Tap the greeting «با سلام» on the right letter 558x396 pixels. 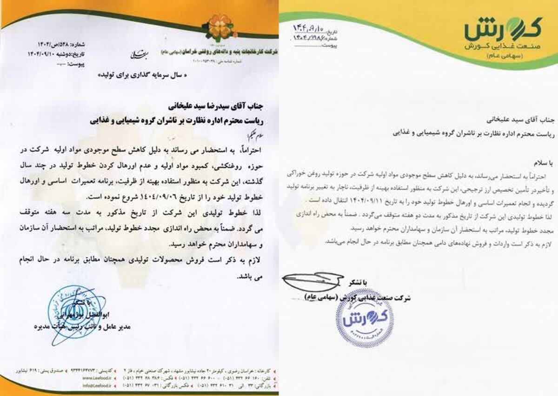539,164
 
